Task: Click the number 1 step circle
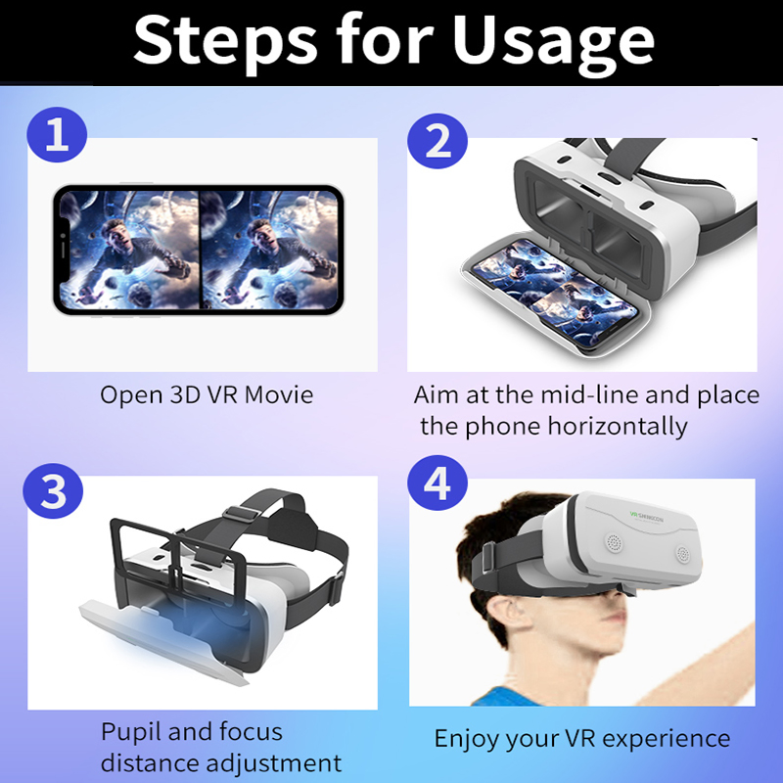58,136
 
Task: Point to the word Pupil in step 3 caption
131,732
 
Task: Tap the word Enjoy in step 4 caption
467,738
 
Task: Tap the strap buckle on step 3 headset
240,513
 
